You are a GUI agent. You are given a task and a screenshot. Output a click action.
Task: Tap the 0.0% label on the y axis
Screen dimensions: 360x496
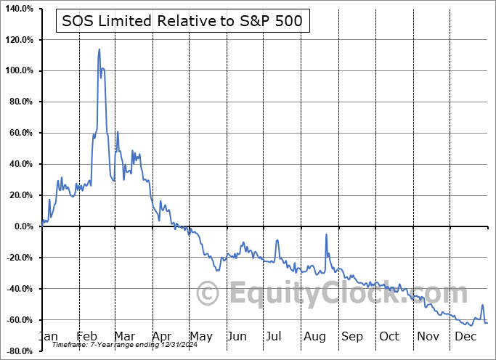coord(22,226)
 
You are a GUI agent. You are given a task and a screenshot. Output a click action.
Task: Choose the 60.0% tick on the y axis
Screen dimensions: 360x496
coord(19,134)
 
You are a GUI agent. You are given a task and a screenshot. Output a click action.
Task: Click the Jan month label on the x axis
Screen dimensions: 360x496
coord(48,337)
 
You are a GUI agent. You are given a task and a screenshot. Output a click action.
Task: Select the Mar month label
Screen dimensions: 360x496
coord(123,337)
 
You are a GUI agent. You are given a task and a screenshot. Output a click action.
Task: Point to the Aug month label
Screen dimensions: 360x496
coord(315,337)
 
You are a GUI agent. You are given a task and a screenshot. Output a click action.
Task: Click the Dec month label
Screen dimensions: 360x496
coord(465,337)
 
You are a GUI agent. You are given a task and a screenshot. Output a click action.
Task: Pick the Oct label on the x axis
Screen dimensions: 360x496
coord(389,337)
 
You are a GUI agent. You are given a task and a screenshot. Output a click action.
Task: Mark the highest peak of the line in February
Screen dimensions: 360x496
coord(99,49)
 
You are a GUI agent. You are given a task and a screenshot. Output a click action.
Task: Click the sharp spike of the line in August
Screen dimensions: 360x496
coord(326,234)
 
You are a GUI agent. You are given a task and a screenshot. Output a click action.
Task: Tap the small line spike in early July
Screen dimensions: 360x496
coord(277,240)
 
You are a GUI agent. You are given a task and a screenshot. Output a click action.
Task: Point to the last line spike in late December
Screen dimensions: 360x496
coord(482,306)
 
